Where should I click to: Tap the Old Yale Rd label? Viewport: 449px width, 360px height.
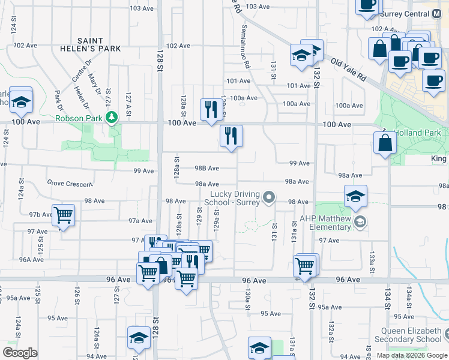348,70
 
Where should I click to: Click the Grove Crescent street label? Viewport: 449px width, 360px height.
70,184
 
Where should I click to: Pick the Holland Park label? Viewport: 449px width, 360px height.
421,133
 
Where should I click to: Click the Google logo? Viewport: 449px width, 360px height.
20,352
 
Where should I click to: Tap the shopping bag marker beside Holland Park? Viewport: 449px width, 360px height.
385,144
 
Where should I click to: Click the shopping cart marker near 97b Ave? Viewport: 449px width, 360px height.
62,214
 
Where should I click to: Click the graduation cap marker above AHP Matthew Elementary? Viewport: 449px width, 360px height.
355,196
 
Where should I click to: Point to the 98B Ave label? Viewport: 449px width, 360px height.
206,169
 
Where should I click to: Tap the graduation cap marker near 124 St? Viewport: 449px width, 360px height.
21,102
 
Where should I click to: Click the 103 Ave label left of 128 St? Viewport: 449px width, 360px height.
142,8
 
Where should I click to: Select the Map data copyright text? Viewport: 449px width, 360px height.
412,355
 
